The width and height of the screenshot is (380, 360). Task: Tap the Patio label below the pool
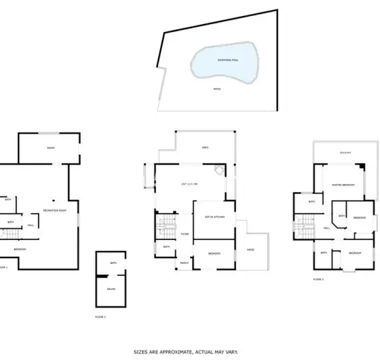pyautogui.click(x=217, y=88)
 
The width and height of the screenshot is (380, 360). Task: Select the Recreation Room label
pyautogui.click(x=55, y=211)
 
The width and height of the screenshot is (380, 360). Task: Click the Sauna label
pyautogui.click(x=111, y=289)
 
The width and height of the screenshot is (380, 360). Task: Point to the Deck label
pyautogui.click(x=206, y=147)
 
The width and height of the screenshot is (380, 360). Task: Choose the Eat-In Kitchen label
pyautogui.click(x=214, y=217)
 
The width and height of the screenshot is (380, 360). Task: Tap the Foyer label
pyautogui.click(x=184, y=234)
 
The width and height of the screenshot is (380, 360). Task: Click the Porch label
pyautogui.click(x=184, y=263)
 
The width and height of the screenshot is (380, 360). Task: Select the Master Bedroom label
pyautogui.click(x=344, y=185)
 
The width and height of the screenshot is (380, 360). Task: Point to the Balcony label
pyautogui.click(x=345, y=153)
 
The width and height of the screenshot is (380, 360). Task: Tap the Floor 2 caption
pyautogui.click(x=101, y=316)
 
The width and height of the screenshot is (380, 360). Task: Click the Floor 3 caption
pyautogui.click(x=318, y=279)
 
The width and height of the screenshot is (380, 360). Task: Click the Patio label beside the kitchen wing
pyautogui.click(x=251, y=250)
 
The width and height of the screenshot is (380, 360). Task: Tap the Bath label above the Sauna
pyautogui.click(x=113, y=263)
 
